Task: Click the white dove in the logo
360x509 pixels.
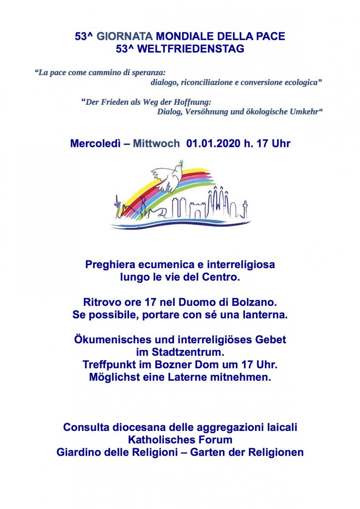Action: coord(167,176)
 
